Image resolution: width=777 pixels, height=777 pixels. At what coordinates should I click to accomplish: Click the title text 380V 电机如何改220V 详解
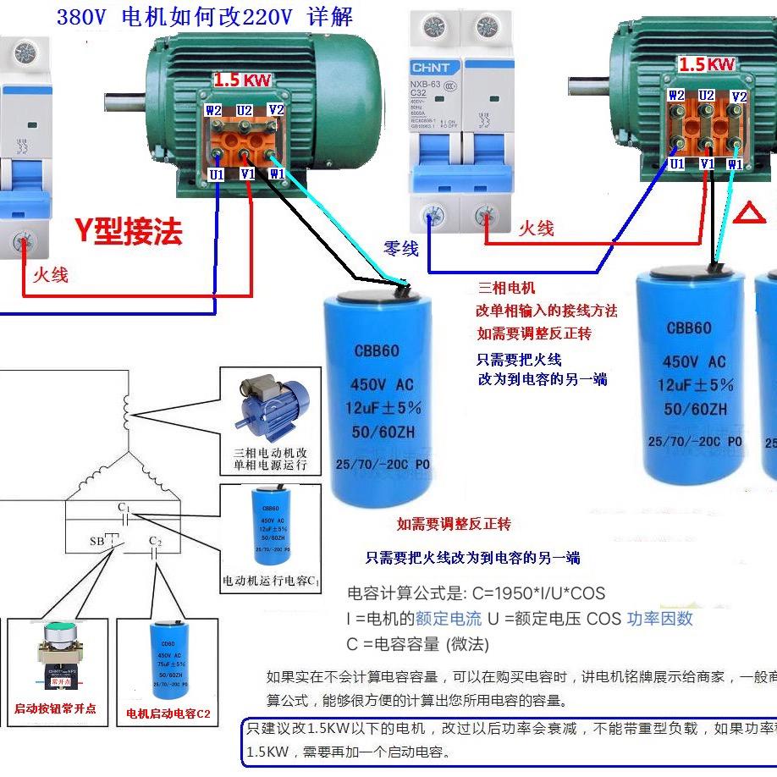[204, 17]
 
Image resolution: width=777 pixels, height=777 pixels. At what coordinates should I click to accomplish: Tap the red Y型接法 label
[128, 230]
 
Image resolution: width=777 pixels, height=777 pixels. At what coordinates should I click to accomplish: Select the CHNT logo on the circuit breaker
[435, 68]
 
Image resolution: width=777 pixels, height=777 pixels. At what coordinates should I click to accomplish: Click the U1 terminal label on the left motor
[218, 174]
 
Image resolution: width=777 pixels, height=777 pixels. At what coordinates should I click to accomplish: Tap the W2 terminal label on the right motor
[676, 96]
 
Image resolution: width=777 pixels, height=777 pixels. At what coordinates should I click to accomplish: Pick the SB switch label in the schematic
[96, 541]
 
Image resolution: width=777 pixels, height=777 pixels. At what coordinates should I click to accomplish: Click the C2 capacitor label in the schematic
[155, 541]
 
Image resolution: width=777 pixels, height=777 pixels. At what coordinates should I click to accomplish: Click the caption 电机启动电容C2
[168, 714]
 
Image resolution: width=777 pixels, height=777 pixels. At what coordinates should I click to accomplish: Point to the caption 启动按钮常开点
[56, 708]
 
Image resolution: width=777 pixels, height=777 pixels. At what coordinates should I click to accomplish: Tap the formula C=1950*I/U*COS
[477, 593]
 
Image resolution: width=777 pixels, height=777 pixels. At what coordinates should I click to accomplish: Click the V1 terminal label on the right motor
[707, 163]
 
